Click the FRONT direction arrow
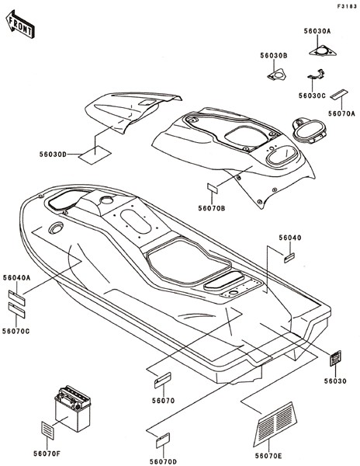click(20, 24)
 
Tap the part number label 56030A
click(317, 31)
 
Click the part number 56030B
click(274, 56)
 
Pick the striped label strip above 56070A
click(340, 94)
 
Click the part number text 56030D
click(53, 155)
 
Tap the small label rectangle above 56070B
click(213, 188)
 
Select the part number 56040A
click(16, 277)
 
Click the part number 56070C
click(16, 331)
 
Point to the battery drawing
click(72, 409)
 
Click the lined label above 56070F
click(47, 430)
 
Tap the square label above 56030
click(336, 358)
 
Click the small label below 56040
click(289, 258)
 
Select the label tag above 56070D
click(163, 440)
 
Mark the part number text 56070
click(163, 401)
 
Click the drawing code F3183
click(347, 6)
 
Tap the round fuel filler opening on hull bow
click(56, 228)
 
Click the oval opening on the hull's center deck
click(135, 221)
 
